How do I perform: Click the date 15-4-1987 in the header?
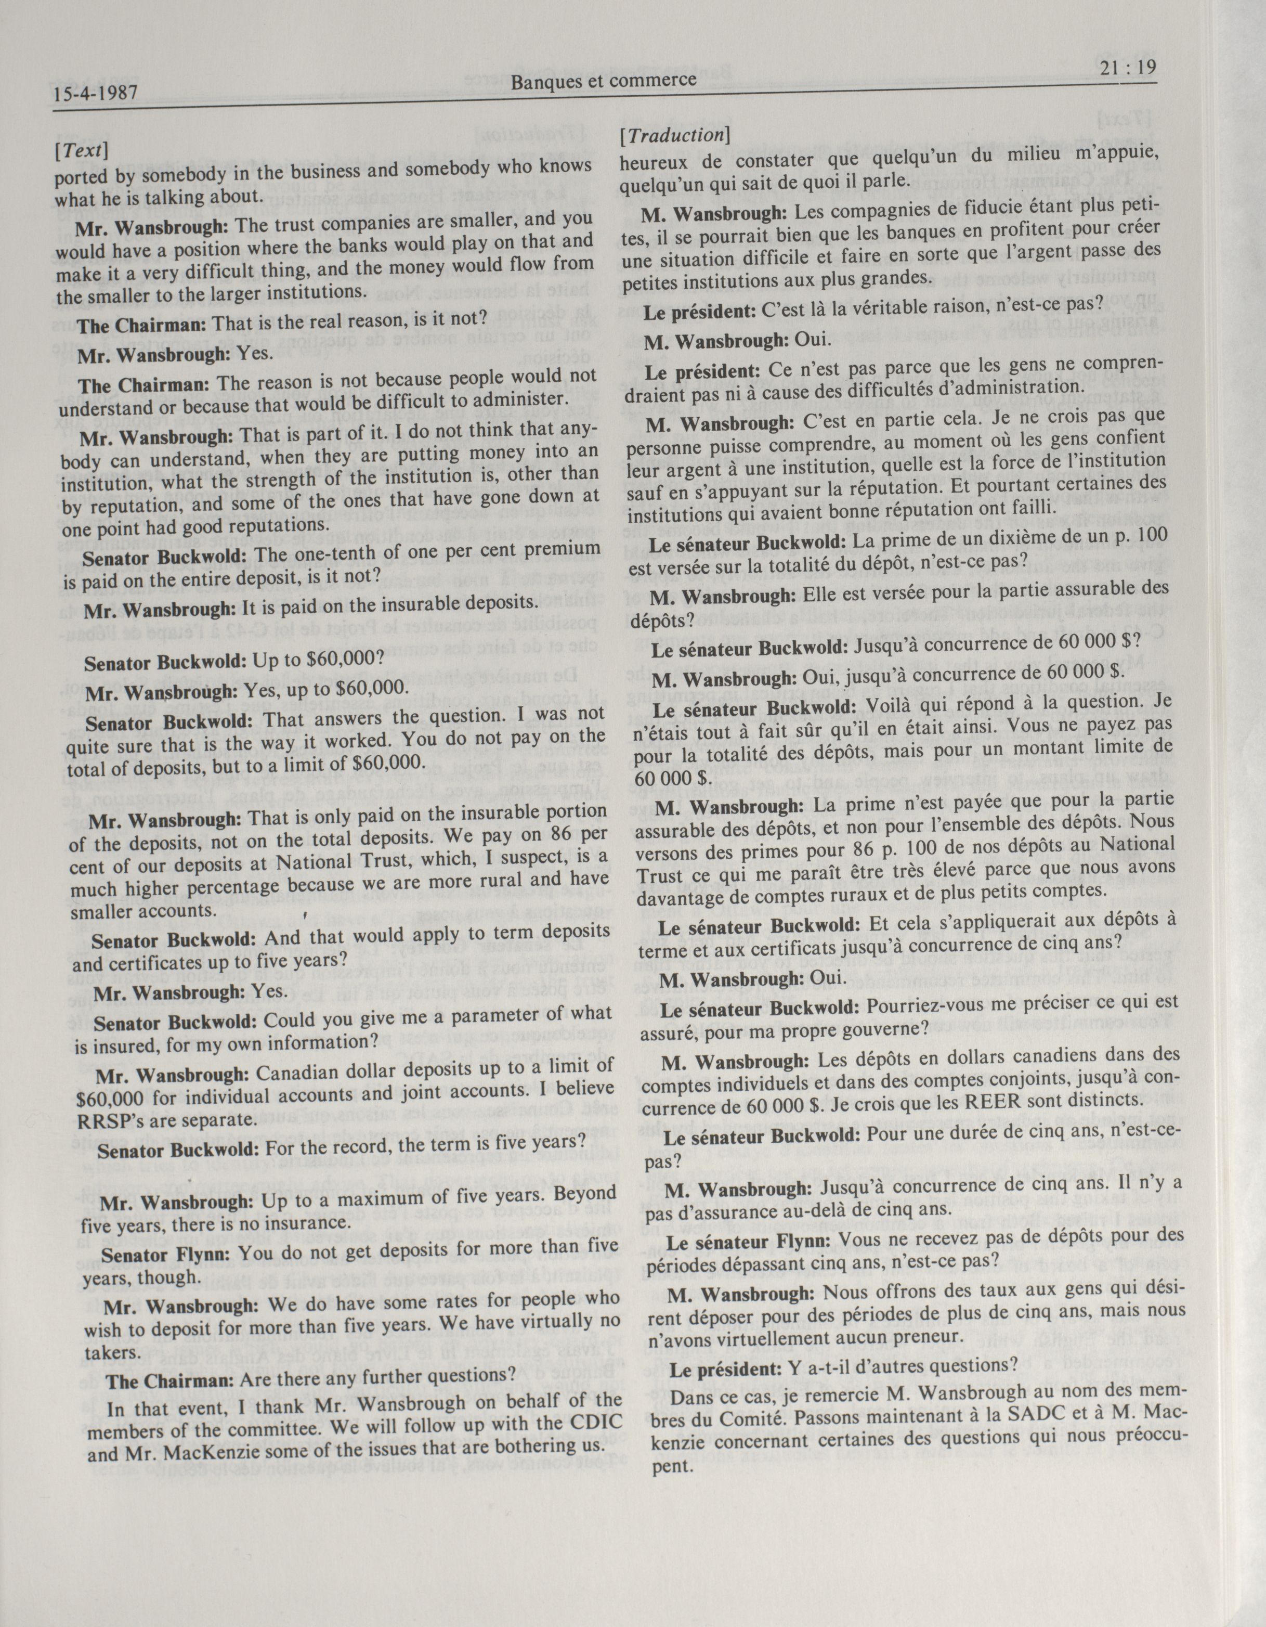pos(96,95)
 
